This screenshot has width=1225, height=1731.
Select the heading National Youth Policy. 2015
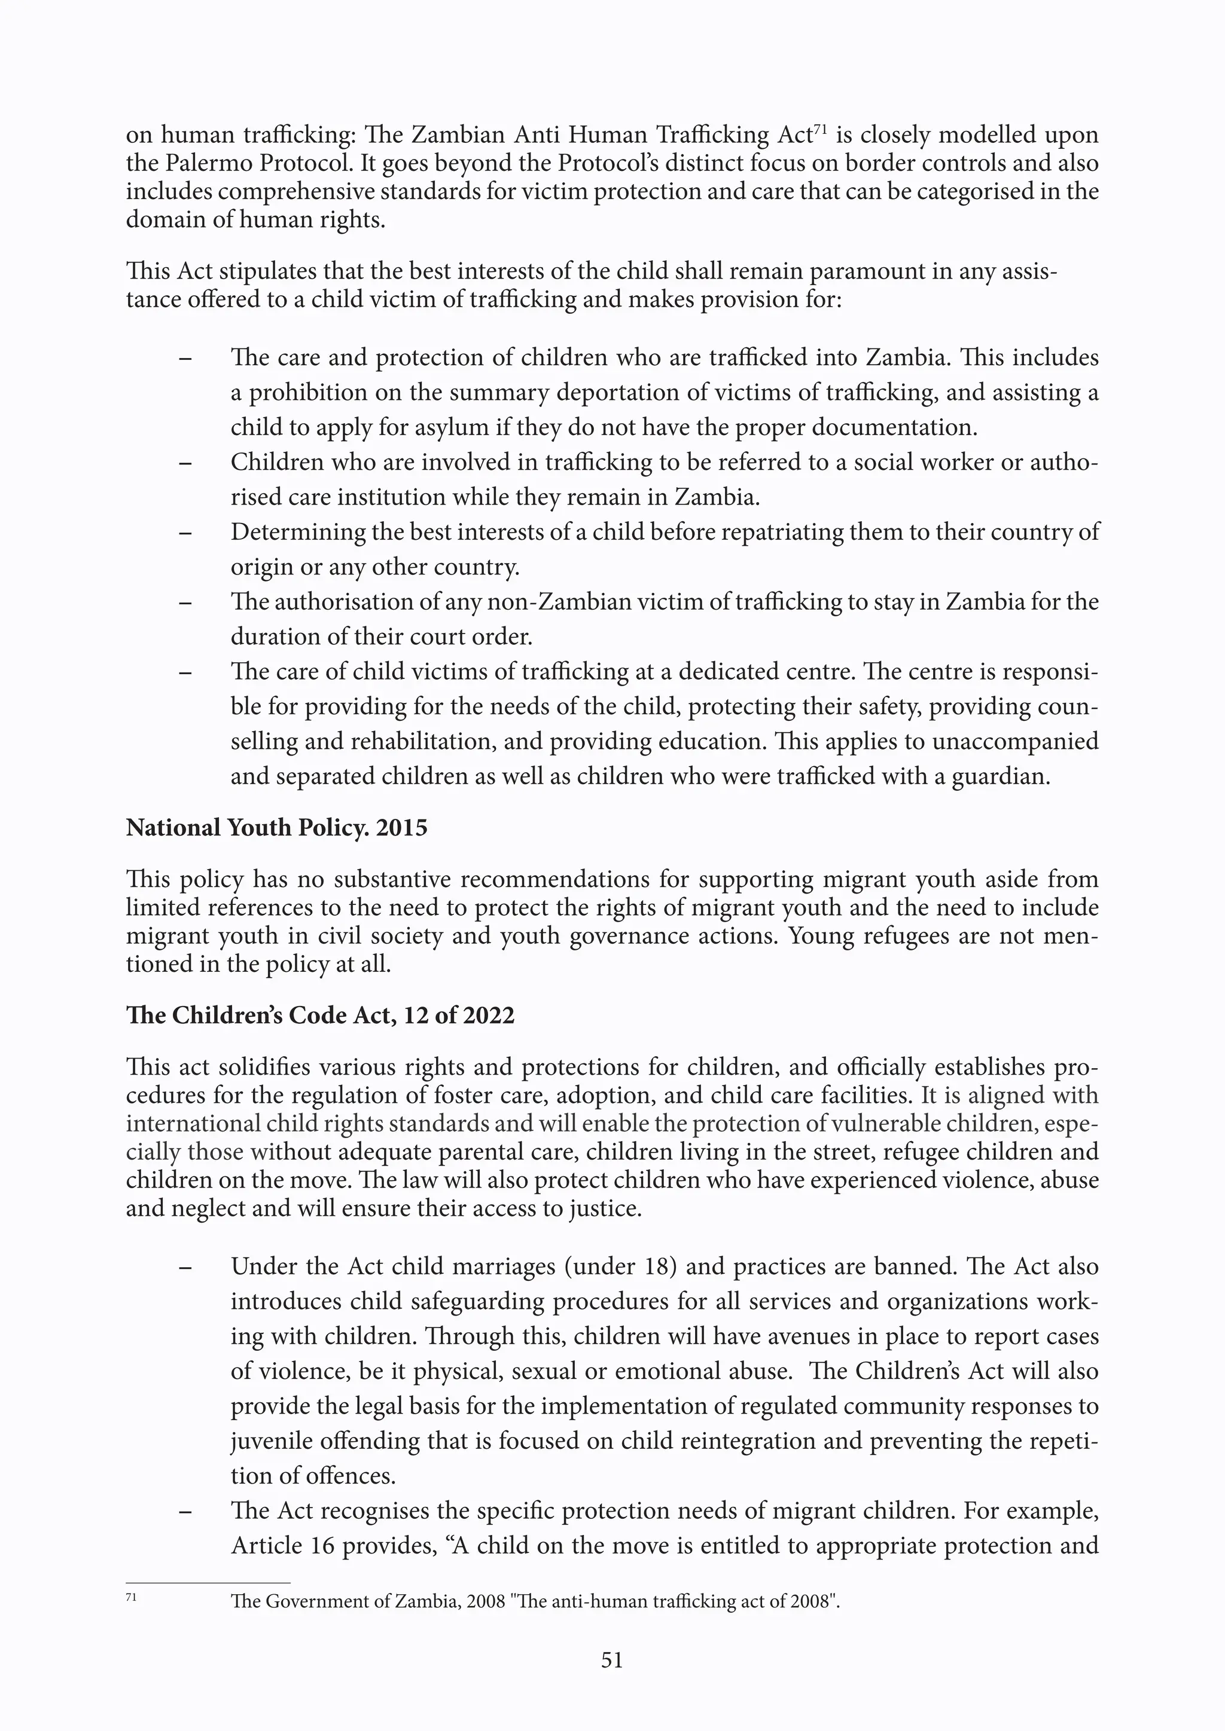[276, 828]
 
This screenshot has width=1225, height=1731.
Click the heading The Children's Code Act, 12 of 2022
[320, 1016]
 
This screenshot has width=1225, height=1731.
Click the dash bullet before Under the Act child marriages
[185, 1267]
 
